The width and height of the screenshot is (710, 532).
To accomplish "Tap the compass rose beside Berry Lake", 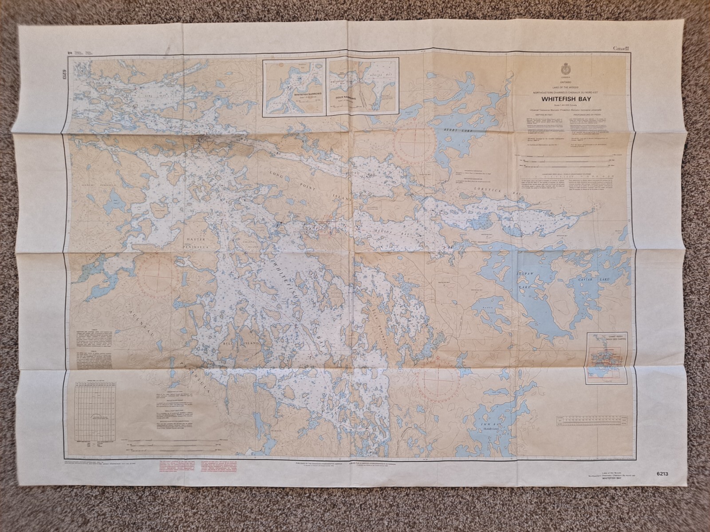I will click(416, 145).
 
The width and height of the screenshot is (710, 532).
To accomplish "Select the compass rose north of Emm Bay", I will click(440, 375).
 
